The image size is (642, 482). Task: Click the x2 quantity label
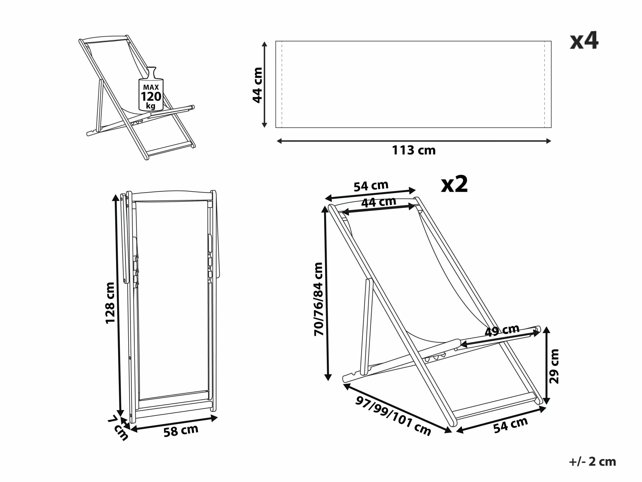(454, 185)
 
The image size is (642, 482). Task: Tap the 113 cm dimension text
(414, 150)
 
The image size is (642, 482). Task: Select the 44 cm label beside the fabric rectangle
(258, 85)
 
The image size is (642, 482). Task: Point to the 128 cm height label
(110, 303)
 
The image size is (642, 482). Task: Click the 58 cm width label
(181, 431)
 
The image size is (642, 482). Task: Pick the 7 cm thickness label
(118, 428)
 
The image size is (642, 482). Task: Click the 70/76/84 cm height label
(318, 299)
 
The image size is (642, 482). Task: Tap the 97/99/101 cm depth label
(393, 416)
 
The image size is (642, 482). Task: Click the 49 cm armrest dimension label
(502, 330)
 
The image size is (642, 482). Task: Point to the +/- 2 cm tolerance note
(592, 462)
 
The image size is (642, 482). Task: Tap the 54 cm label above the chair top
(371, 186)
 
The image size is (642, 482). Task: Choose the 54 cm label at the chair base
(510, 425)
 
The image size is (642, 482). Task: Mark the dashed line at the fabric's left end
(282, 84)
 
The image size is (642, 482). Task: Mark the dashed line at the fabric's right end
(544, 84)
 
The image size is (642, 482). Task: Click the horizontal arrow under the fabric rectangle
(414, 141)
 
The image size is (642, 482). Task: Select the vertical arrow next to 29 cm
(546, 366)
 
